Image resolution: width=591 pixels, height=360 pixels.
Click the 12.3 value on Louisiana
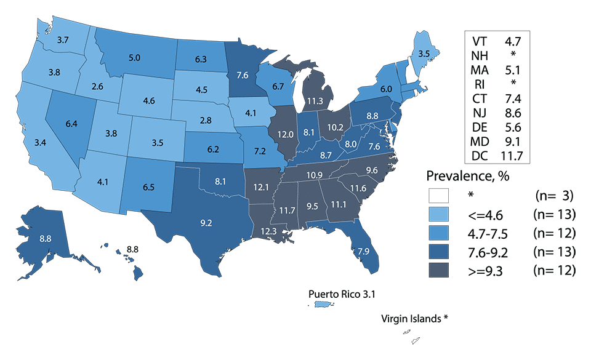[x=268, y=232]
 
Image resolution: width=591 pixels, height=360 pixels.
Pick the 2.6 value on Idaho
[x=97, y=87]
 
